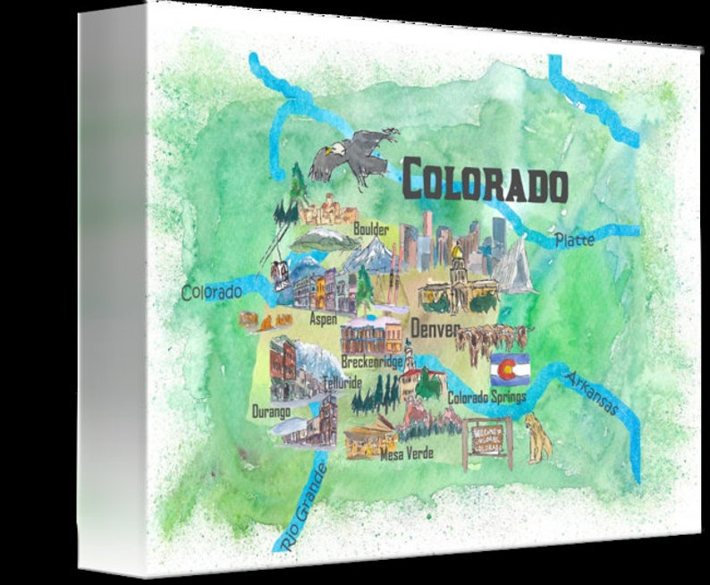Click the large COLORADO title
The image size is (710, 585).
(x=484, y=182)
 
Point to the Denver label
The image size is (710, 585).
(x=433, y=330)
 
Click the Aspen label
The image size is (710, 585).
(x=323, y=318)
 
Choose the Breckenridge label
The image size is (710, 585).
(x=371, y=362)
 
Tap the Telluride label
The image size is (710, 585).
(x=342, y=382)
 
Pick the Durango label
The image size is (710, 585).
(x=271, y=411)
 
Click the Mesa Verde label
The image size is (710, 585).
(x=406, y=454)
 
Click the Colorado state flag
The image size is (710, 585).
(x=510, y=368)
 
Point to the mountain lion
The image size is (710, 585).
(x=538, y=437)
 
